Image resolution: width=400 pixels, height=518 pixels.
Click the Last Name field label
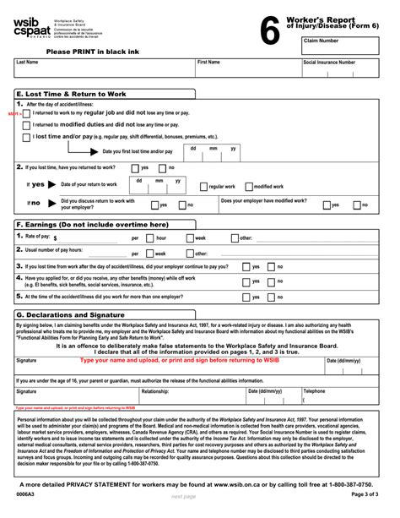27,63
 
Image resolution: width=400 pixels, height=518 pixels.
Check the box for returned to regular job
27,112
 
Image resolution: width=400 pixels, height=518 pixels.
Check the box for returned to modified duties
27,124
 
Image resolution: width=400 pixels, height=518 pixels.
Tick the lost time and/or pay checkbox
27,136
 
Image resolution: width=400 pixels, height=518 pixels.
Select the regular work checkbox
203,186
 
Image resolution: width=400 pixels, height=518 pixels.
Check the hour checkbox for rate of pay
150,238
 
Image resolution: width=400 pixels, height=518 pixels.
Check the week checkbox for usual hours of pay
150,253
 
